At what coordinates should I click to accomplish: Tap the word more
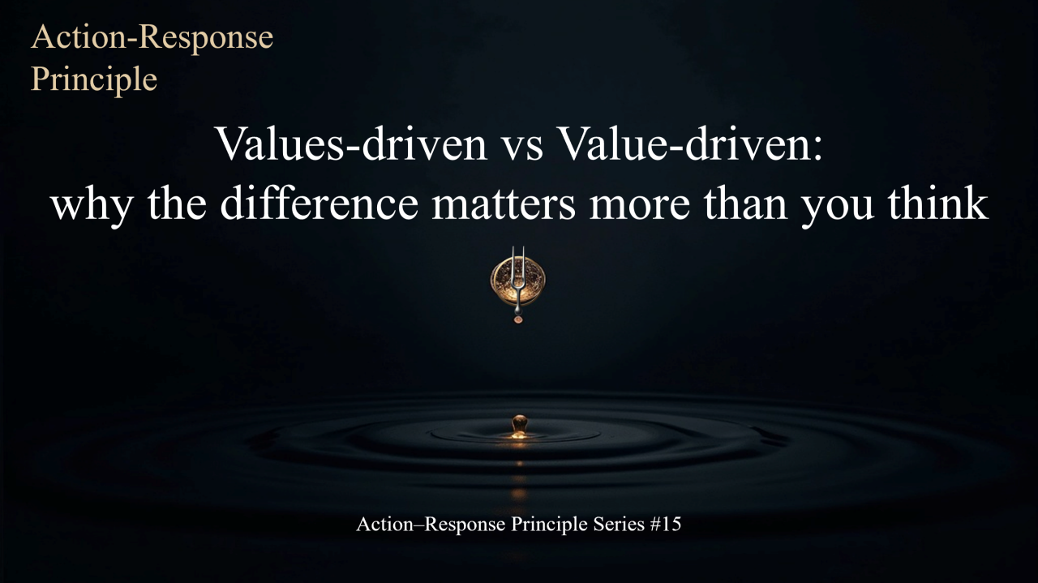(641, 205)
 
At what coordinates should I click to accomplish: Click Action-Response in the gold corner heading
(152, 38)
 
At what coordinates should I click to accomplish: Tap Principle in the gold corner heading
(94, 79)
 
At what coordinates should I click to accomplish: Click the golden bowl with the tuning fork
(517, 281)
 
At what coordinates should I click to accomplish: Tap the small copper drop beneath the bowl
(518, 319)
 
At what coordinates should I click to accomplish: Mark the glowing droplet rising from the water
(519, 425)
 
